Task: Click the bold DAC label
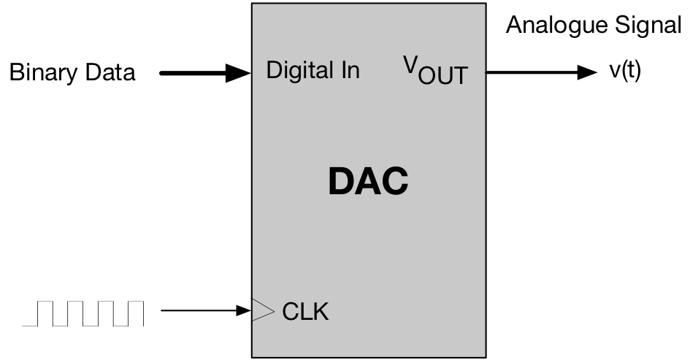point(368,182)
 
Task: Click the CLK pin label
point(305,313)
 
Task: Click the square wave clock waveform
point(83,313)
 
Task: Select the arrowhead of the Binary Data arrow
point(239,72)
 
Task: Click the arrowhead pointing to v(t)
point(587,72)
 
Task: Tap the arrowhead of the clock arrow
point(245,312)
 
